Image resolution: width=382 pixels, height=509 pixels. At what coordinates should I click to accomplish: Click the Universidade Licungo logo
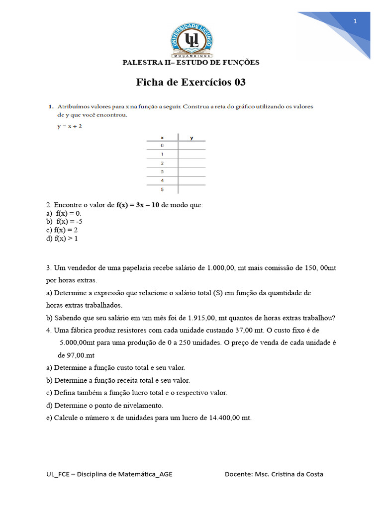[x=191, y=40]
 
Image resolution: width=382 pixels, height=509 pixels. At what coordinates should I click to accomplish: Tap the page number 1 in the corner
[x=355, y=21]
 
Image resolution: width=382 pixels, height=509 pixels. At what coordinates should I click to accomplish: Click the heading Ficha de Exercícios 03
[x=191, y=83]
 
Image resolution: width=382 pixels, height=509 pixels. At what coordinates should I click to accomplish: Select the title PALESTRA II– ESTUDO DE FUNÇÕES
[x=191, y=63]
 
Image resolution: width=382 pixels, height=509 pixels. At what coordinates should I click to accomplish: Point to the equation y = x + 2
[x=70, y=127]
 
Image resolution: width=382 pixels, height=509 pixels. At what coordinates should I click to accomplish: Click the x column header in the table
[x=162, y=137]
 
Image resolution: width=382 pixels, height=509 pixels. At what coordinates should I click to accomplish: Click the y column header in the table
[x=191, y=137]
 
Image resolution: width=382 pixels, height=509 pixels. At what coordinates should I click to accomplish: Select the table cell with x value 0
[x=162, y=146]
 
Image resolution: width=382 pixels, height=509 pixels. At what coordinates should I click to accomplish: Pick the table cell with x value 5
[x=162, y=190]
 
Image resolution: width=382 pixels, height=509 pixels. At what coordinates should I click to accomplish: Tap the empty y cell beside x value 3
[x=191, y=172]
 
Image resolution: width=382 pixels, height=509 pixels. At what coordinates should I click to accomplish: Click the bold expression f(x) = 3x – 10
[x=138, y=205]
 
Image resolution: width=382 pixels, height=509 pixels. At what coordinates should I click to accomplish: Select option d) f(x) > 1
[x=62, y=239]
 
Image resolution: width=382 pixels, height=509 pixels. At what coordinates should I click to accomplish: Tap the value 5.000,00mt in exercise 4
[x=77, y=343]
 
